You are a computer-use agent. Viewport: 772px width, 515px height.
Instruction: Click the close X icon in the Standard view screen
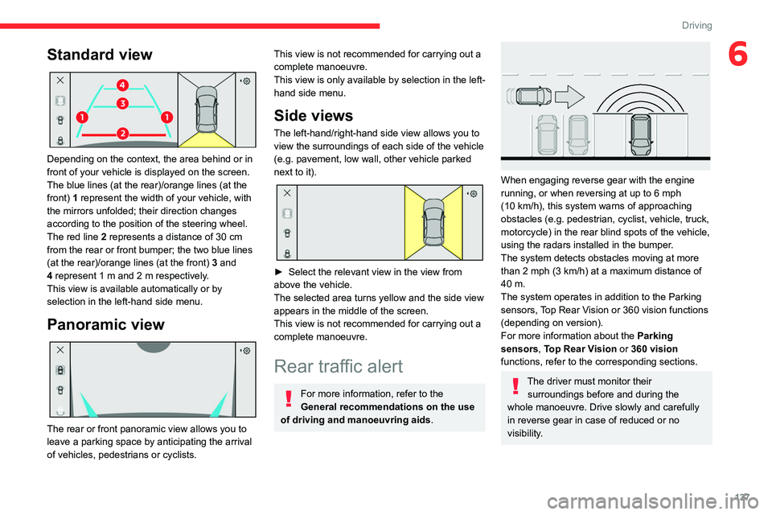(60, 82)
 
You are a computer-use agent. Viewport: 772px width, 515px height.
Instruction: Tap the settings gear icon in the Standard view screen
(245, 82)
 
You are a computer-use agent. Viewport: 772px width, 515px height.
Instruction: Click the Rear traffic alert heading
(339, 366)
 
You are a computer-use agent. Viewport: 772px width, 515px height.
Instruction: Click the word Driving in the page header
(696, 26)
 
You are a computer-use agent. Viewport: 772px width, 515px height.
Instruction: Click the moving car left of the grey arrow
(531, 97)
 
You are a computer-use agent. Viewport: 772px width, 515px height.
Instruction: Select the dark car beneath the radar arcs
(640, 134)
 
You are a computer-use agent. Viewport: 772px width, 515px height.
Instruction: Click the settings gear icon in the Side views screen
(472, 195)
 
